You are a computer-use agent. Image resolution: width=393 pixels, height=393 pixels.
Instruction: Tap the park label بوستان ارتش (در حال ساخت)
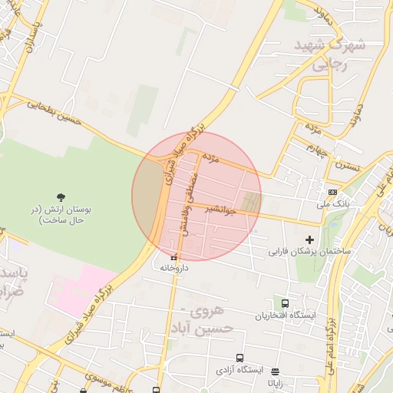[61, 214]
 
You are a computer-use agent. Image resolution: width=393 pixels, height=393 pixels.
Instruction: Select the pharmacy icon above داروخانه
[173, 257]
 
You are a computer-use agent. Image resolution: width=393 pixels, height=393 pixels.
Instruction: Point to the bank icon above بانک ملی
[332, 192]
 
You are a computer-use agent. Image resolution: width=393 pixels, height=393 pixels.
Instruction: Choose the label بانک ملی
[333, 205]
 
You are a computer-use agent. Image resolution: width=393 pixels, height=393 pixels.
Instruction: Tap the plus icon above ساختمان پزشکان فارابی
[310, 239]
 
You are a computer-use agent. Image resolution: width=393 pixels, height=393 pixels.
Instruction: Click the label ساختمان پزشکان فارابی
[309, 251]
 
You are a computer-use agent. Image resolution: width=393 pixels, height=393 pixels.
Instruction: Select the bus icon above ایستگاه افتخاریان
[286, 304]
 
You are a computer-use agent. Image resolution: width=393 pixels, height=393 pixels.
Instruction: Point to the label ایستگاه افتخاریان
[285, 315]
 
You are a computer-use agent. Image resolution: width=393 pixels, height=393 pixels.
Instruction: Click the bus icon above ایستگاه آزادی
[239, 358]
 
